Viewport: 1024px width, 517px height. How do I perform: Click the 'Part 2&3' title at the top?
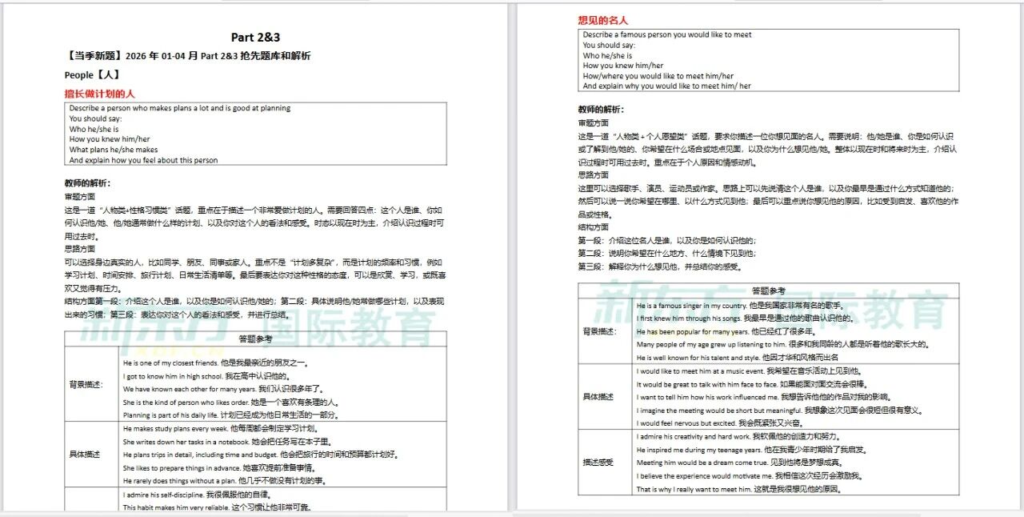[255, 38]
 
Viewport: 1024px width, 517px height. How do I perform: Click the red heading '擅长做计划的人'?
[100, 94]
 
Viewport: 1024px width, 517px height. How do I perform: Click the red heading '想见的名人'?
[603, 20]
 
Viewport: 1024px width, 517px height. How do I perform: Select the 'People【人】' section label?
[92, 74]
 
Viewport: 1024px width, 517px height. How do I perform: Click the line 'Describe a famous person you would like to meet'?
[667, 35]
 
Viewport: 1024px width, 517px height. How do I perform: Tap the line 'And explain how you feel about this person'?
[143, 160]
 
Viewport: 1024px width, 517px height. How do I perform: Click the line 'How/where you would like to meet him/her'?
[658, 76]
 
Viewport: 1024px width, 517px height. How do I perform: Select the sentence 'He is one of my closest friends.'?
[171, 363]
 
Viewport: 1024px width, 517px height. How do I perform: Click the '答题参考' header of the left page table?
[255, 339]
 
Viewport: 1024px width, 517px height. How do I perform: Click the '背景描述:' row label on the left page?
[86, 384]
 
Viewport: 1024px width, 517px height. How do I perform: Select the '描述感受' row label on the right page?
[598, 463]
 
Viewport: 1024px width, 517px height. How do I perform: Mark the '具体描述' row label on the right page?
[598, 397]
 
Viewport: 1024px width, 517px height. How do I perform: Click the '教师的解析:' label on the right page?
[601, 109]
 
